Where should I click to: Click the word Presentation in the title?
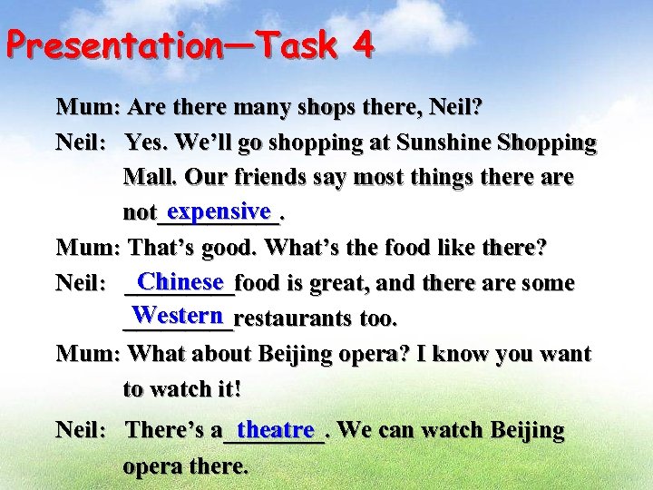(107, 45)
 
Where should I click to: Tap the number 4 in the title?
(363, 44)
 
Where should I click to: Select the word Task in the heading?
(297, 44)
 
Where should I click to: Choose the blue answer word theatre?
(275, 427)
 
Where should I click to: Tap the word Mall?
(149, 177)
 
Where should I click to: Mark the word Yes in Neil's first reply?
(145, 142)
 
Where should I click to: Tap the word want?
(563, 354)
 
